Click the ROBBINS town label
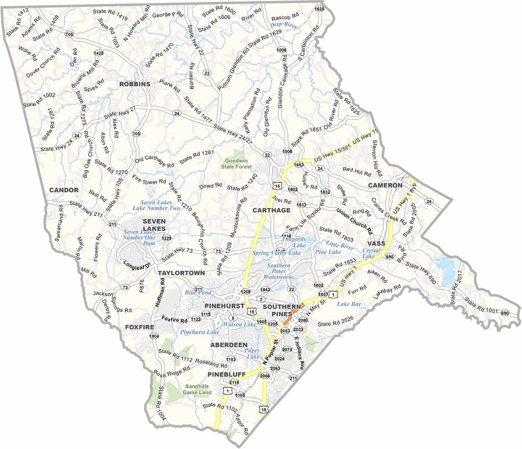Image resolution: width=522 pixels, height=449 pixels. point(134,84)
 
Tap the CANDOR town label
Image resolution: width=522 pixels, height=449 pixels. point(64,190)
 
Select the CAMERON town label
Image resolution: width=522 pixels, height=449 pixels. point(385,185)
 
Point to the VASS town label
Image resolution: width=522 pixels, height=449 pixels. point(376,244)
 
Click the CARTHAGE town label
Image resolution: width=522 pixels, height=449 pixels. point(272,210)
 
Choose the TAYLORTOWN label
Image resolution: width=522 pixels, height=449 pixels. point(181,273)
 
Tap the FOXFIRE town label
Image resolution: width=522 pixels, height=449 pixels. point(139,327)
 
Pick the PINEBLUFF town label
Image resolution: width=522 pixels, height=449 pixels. point(226,374)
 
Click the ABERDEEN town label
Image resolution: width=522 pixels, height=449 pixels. point(229,345)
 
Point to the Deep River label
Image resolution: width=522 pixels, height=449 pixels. point(284,26)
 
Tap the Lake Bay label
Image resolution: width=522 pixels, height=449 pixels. point(349,304)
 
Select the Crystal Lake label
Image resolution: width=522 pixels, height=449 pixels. point(372,253)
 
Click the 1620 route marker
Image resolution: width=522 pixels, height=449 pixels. point(320,9)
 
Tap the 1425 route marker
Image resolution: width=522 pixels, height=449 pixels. point(99,53)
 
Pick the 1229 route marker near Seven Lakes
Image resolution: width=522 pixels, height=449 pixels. point(166,238)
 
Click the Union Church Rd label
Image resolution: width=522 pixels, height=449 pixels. point(354,221)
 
